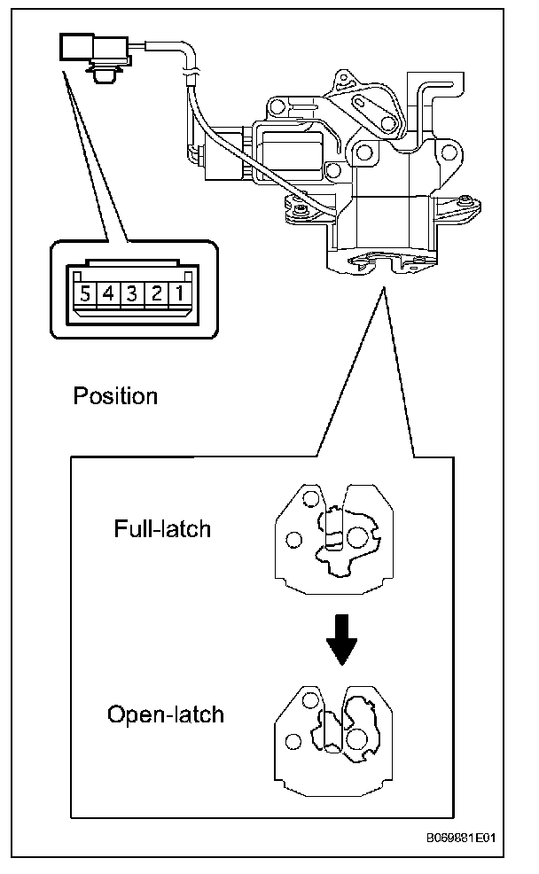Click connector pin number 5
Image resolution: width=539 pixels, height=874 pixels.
tap(83, 294)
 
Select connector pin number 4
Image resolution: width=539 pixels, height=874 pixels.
tap(107, 294)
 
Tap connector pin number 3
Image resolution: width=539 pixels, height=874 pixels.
tap(131, 294)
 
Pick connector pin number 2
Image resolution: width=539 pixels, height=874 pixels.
tap(156, 294)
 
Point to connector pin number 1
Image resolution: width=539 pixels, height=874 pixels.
tap(179, 294)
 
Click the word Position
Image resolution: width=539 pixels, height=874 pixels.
tap(115, 395)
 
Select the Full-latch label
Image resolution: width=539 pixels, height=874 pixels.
tap(162, 529)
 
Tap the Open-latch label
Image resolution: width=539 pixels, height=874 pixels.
tap(165, 714)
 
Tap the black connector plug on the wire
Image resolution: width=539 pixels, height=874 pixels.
tap(79, 46)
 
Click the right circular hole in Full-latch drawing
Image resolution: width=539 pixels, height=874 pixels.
tap(356, 536)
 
